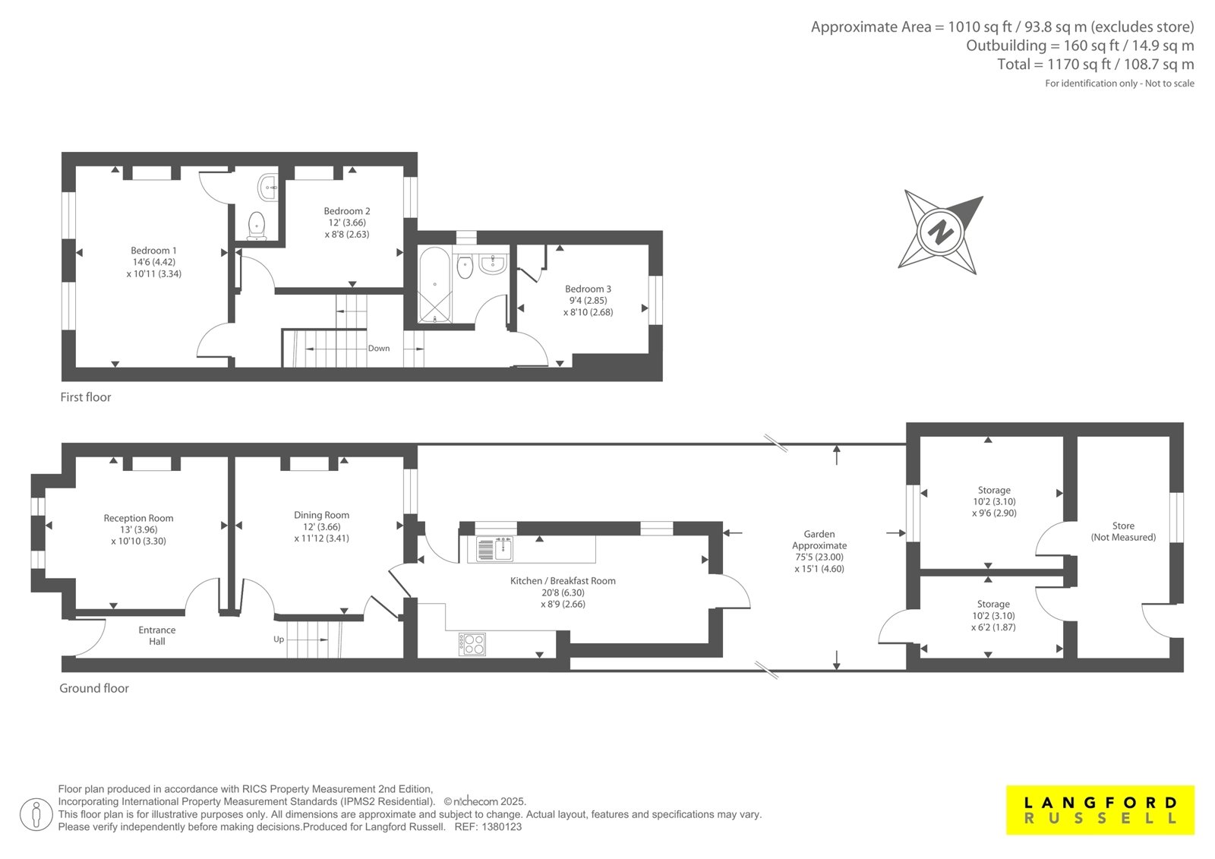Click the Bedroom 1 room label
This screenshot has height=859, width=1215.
pyautogui.click(x=153, y=251)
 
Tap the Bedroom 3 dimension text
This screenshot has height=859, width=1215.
pyautogui.click(x=588, y=307)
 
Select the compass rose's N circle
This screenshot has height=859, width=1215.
pyautogui.click(x=941, y=232)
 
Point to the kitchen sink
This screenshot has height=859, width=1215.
pyautogui.click(x=494, y=548)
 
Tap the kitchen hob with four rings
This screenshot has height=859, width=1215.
pyautogui.click(x=472, y=644)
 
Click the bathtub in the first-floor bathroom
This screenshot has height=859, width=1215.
pyautogui.click(x=434, y=286)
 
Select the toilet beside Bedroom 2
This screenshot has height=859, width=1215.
pyautogui.click(x=257, y=226)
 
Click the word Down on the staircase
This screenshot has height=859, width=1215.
pyautogui.click(x=379, y=349)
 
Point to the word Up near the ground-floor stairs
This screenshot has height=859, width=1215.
pyautogui.click(x=279, y=640)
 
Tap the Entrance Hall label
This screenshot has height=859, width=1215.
pyautogui.click(x=156, y=636)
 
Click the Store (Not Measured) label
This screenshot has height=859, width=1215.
pyautogui.click(x=1123, y=531)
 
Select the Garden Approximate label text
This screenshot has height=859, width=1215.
pyautogui.click(x=819, y=540)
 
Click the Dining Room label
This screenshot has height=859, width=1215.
pyautogui.click(x=322, y=515)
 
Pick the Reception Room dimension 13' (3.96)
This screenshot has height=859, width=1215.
pyautogui.click(x=139, y=529)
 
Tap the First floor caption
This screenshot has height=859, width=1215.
pyautogui.click(x=86, y=397)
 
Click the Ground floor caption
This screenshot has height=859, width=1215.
pyautogui.click(x=94, y=688)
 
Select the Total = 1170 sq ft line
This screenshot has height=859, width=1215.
pyautogui.click(x=1095, y=64)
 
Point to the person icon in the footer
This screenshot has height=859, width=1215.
pyautogui.click(x=36, y=814)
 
